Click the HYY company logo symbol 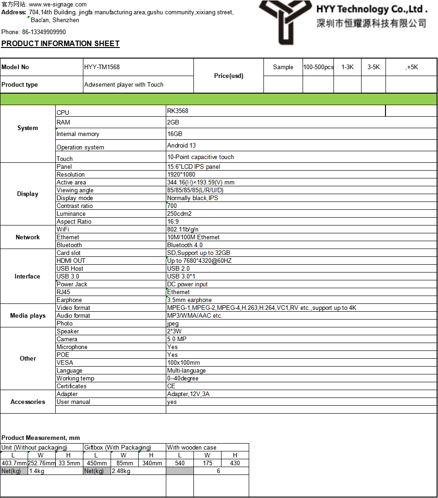coord(282,21)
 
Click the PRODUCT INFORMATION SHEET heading coord(60,44)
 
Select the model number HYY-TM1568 coord(102,67)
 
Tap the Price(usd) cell coord(228,76)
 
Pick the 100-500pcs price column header coord(318,67)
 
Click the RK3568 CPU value coord(178,111)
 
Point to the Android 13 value coord(181,146)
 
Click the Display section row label coord(28,194)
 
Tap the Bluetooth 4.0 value coord(185,245)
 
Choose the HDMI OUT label coord(71,261)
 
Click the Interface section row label coord(28,277)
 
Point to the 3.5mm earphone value coord(189,300)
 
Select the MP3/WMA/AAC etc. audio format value coord(195,316)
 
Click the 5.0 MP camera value coord(177,339)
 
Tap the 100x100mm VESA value coord(183,363)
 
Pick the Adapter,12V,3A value coord(188,394)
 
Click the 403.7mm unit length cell coord(14,463)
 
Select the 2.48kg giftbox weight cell coord(121,471)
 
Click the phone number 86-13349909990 coord(44,32)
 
